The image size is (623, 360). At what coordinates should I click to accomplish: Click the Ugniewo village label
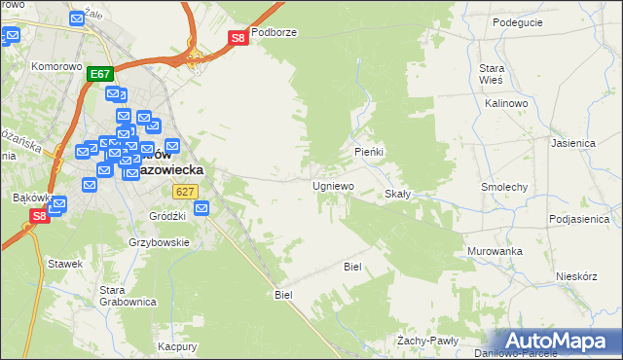[333, 186]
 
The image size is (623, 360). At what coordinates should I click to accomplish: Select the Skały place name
[398, 194]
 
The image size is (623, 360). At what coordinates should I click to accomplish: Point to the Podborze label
[274, 32]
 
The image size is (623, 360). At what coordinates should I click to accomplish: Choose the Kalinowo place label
[505, 102]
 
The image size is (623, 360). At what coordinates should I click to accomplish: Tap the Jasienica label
[572, 142]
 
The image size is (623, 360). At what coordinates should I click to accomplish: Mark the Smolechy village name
[504, 186]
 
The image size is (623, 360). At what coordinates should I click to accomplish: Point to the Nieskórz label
[575, 275]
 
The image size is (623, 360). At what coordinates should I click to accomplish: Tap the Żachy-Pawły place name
[427, 341]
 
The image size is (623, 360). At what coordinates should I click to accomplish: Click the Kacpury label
[178, 346]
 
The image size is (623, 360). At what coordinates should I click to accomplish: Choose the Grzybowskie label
[159, 242]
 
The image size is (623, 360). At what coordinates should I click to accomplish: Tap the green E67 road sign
[100, 74]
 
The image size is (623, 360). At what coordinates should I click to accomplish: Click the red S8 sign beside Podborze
[238, 38]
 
